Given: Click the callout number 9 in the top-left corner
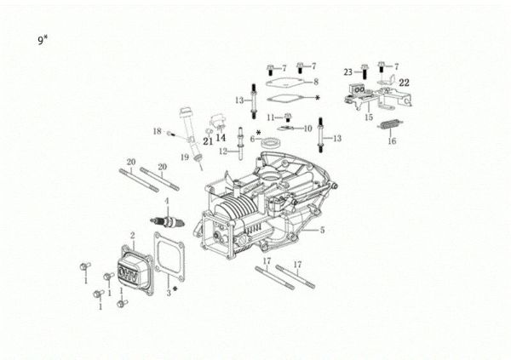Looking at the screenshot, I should click(x=40, y=41).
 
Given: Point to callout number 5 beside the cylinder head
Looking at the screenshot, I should click(x=322, y=230).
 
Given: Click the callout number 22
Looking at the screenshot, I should click(x=404, y=83).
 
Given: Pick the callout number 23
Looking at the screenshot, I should click(x=348, y=71).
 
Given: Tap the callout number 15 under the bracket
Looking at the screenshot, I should click(x=369, y=117).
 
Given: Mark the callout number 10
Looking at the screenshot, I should click(x=308, y=128).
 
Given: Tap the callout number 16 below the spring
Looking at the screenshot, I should click(x=393, y=143).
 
